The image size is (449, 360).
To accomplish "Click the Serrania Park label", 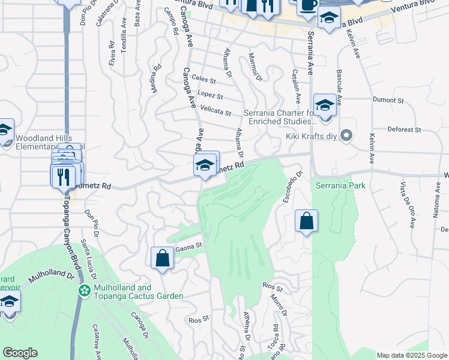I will (340, 185).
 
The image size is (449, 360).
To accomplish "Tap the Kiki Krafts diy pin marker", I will (346, 135).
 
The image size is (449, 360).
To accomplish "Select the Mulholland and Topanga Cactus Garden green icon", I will (85, 291).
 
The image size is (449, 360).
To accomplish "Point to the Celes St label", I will (204, 79).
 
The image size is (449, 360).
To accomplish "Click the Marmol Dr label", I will (256, 67).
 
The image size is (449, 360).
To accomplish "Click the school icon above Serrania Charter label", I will (324, 105).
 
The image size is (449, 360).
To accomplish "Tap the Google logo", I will (20, 353).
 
